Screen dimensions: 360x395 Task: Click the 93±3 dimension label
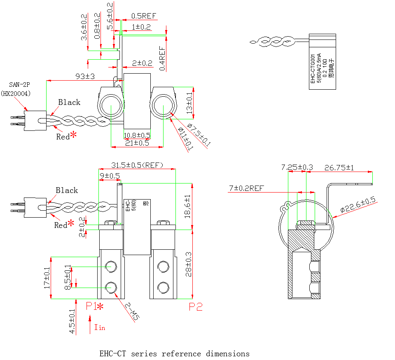tap(85, 76)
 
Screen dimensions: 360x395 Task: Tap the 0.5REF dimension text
tap(144, 16)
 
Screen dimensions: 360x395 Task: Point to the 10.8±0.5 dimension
tap(137, 135)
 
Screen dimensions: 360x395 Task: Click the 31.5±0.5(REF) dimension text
tap(137, 165)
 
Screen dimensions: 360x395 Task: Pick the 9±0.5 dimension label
tap(110, 176)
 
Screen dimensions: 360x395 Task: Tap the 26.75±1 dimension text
tap(339, 168)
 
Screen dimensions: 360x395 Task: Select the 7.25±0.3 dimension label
tap(297, 167)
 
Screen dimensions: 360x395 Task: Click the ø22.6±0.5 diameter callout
tap(358, 205)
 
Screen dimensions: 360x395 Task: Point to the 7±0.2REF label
tap(246, 188)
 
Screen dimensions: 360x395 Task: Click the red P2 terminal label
tap(196, 307)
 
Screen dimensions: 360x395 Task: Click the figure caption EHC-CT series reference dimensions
tap(174, 354)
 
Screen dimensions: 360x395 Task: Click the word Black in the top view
tap(69, 102)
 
